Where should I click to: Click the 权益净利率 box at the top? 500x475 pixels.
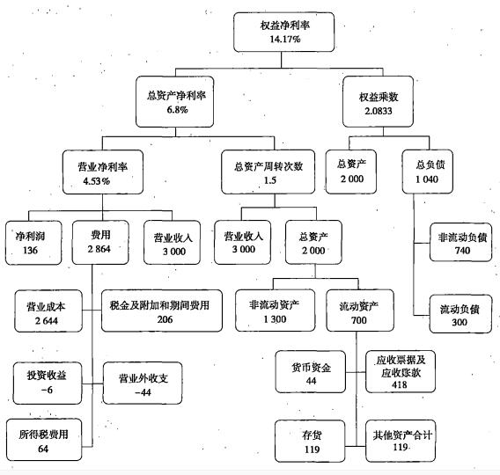[284, 33]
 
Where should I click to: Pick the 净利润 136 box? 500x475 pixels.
[30, 241]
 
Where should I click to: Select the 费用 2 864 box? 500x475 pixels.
[100, 241]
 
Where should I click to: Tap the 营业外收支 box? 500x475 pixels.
[148, 383]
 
